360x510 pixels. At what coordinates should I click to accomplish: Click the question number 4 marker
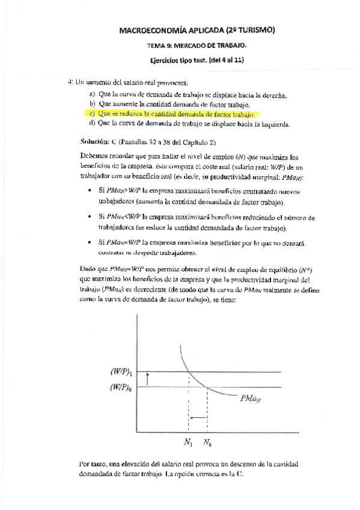[x=70, y=82]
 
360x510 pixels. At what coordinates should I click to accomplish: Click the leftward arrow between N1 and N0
[x=198, y=416]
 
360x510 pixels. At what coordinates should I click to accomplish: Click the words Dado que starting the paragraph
[x=93, y=270]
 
